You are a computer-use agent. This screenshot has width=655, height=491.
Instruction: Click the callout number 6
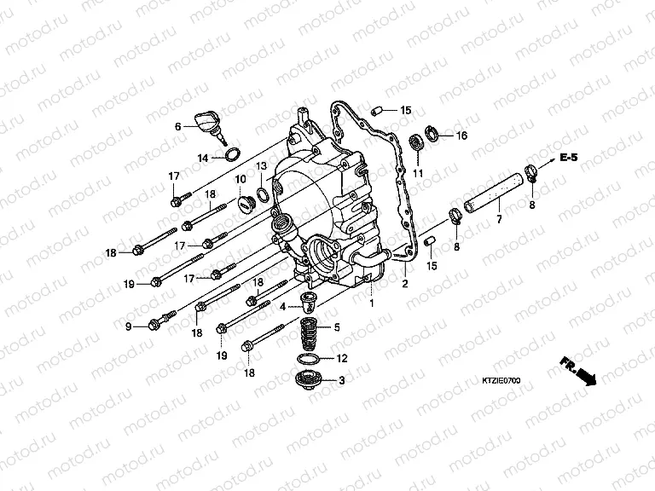178,126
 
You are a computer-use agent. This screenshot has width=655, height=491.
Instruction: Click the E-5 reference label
594,159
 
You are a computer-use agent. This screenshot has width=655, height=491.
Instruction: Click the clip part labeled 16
432,132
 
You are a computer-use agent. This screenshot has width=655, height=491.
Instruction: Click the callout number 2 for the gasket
405,284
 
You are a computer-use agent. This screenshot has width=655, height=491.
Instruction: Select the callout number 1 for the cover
372,303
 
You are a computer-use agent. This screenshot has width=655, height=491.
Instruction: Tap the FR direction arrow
577,372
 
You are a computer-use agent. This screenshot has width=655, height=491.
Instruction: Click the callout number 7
498,221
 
